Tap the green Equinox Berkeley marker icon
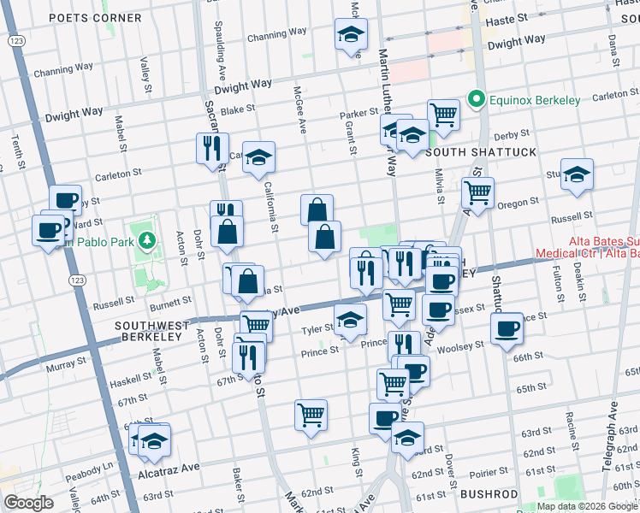point(477,100)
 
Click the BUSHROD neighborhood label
point(489,494)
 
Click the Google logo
point(28,503)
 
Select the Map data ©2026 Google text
point(587,506)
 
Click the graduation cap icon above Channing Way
point(349,35)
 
